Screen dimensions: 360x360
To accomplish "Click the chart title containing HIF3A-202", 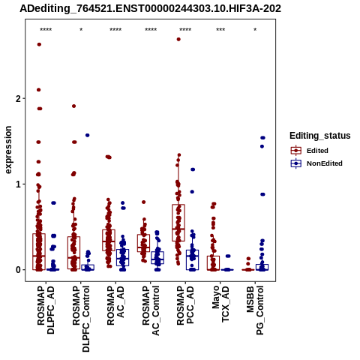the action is point(150,8).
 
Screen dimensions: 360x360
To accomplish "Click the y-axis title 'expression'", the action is point(8,150).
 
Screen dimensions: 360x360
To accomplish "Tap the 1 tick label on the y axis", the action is point(18,184).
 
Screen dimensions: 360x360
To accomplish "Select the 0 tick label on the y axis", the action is point(18,270).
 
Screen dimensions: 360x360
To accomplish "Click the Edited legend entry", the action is point(317,151).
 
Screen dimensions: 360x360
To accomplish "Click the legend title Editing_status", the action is point(319,136).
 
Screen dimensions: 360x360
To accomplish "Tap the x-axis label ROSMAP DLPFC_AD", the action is point(46,310).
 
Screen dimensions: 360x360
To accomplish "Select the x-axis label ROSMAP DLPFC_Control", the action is point(81,319).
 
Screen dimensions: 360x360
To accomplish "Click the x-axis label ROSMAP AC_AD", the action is point(115,305).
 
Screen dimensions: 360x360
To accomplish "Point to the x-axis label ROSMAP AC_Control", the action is point(151,310).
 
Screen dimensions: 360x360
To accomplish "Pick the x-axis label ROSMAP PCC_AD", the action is point(185,305).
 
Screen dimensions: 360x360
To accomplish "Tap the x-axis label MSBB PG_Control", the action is point(255,310).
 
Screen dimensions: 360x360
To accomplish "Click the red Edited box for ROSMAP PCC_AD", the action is point(178,223).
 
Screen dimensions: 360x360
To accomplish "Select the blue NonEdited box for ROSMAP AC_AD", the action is point(122,257).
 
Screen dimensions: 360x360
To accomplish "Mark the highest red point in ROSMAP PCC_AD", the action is point(178,39).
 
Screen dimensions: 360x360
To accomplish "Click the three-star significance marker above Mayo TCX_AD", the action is point(220,29).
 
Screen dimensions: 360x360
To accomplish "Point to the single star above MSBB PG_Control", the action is point(255,29).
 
